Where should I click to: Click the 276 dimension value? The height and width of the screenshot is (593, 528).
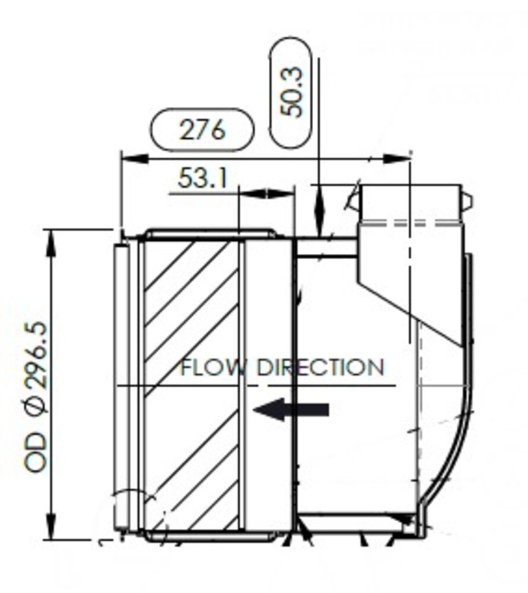[202, 130]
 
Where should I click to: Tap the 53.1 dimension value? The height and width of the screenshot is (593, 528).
[202, 178]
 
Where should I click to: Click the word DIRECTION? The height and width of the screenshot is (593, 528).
[320, 368]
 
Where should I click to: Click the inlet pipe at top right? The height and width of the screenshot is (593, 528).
[409, 205]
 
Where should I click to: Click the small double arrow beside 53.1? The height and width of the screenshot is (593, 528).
[266, 193]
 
